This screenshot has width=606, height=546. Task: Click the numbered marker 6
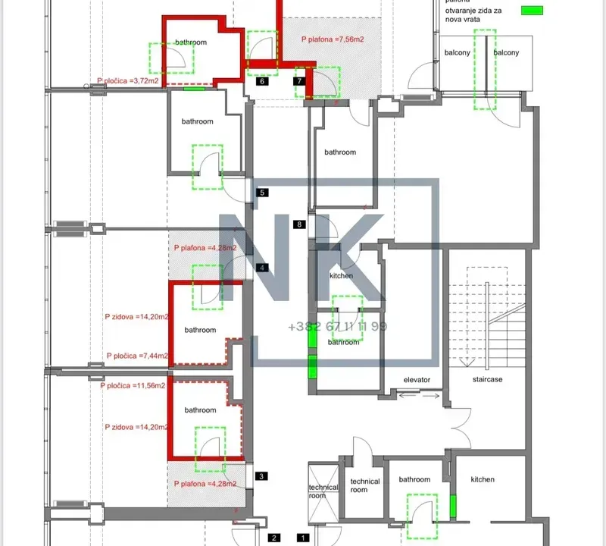coord(261,82)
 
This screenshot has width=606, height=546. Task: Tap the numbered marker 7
coord(300,80)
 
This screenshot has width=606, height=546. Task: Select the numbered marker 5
coord(261,193)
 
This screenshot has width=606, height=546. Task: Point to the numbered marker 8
coord(301,224)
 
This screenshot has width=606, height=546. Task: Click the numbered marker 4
coord(262,267)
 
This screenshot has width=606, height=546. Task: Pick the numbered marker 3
coord(261,476)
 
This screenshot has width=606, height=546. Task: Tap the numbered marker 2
coord(274,538)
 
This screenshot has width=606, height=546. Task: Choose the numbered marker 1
coord(303,538)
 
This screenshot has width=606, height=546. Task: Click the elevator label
coord(417,379)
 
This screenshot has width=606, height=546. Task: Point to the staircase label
coord(488,379)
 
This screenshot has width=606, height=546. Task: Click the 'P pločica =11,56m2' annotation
coord(133,385)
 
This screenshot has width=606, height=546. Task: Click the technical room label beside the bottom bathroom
coord(365,485)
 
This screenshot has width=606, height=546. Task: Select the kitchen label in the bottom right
coord(483,479)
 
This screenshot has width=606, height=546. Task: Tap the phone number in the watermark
coord(337,326)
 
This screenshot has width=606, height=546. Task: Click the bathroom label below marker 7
coord(340,152)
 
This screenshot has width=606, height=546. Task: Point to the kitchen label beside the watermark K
coord(341,276)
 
